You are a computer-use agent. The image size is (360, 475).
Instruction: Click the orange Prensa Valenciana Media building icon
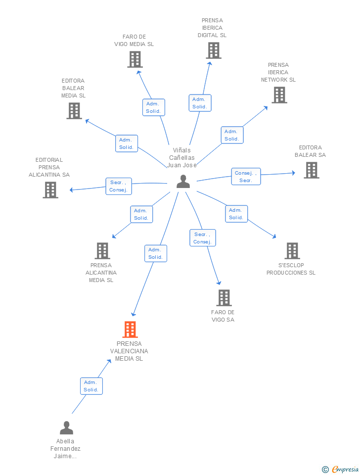tap(130, 330)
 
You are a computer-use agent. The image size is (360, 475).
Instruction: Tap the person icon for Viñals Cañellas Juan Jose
tap(183, 182)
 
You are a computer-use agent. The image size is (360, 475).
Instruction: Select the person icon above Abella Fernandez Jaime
tap(66, 427)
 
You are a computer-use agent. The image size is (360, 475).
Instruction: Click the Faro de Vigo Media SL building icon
tap(135, 59)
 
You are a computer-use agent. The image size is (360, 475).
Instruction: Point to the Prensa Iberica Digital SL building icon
tap(214, 50)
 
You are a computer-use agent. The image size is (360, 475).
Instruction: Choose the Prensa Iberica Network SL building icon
tap(279, 95)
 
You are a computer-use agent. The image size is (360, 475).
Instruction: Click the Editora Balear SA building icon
tap(312, 170)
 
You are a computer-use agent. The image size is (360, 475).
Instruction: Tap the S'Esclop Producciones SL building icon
tap(292, 251)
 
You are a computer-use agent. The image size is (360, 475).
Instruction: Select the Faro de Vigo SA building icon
tap(224, 298)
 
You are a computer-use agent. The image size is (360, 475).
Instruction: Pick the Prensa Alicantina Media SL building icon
tap(102, 251)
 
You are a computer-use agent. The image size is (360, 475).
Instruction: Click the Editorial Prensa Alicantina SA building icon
tap(50, 190)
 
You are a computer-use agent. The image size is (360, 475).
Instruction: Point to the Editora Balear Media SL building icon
tap(74, 110)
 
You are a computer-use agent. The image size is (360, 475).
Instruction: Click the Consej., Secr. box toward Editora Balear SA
tap(246, 177)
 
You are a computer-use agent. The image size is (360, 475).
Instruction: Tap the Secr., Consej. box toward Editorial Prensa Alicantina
tap(119, 187)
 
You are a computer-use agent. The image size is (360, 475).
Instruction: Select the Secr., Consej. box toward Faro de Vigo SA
tap(203, 238)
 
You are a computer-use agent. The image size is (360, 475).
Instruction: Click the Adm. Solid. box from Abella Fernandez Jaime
tap(91, 386)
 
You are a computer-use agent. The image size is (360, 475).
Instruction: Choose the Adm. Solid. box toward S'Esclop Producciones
tap(236, 214)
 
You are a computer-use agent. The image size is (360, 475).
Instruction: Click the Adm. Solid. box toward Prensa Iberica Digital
tap(200, 103)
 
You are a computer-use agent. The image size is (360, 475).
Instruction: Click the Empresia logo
tap(340, 469)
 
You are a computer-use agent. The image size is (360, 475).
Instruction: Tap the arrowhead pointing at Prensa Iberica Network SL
tap(266, 108)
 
